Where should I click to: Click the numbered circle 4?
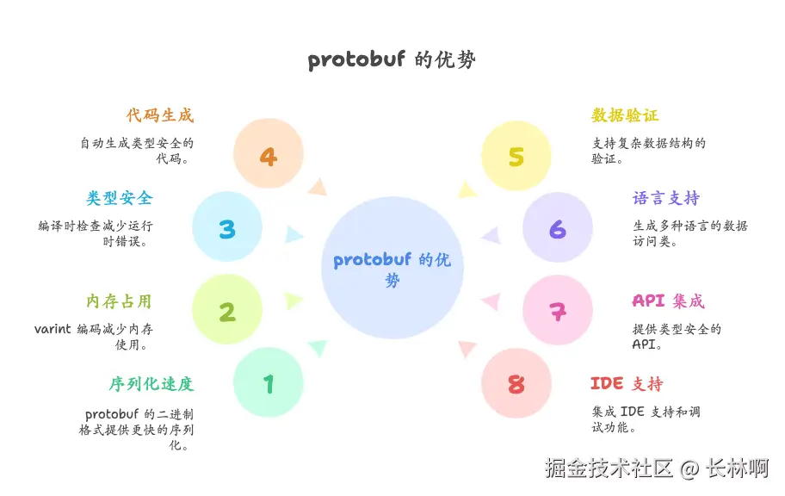click(269, 155)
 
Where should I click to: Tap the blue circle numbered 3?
click(227, 228)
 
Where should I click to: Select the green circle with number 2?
click(227, 310)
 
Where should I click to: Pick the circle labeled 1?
click(269, 382)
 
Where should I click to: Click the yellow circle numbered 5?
click(516, 156)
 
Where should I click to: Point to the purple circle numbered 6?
click(558, 228)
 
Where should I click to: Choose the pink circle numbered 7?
click(558, 310)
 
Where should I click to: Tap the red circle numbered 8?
click(516, 383)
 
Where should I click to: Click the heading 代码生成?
click(160, 115)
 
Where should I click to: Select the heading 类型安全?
click(119, 198)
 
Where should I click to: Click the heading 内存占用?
click(119, 301)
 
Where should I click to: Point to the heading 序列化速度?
click(151, 384)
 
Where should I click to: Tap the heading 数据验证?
click(625, 115)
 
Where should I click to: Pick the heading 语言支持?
click(666, 198)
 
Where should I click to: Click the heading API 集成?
click(668, 301)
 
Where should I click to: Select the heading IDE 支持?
click(627, 384)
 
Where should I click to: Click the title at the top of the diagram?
click(392, 60)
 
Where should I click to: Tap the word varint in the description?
click(53, 329)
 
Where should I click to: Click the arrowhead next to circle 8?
click(467, 348)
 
